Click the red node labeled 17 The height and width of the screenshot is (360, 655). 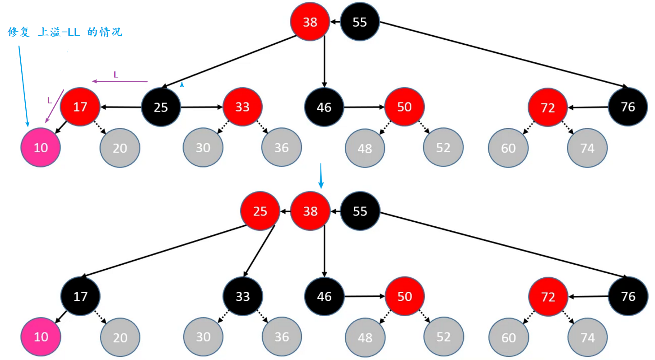[80, 107]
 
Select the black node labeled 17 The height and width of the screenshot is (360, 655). [80, 296]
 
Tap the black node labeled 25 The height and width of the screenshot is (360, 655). [161, 107]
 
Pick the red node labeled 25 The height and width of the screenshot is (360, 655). [260, 211]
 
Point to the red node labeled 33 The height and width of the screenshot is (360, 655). [242, 107]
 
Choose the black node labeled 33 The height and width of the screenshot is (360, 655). [242, 296]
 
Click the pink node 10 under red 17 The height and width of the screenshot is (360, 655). [41, 147]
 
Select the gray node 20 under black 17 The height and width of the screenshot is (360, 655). [120, 337]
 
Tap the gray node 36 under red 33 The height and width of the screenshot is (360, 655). [281, 147]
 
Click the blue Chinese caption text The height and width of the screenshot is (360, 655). [65, 32]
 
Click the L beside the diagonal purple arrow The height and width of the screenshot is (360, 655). [50, 100]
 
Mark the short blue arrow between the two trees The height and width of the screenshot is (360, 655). [321, 176]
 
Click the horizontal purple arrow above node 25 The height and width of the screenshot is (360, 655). [120, 82]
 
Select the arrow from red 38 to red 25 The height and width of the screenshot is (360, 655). [285, 211]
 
